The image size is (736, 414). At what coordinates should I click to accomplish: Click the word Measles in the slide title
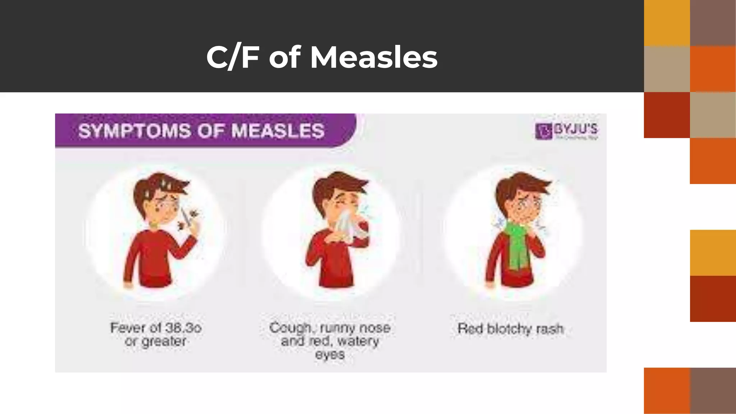point(374,57)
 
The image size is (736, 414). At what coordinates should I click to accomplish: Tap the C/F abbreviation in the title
point(233,57)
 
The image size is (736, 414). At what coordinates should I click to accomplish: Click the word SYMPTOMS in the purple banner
point(134,130)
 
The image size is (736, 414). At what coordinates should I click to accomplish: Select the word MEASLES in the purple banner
point(278,130)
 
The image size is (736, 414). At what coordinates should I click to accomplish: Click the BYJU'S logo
point(566,131)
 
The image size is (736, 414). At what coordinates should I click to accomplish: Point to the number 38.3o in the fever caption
point(183,328)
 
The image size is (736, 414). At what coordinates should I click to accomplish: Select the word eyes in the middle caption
point(330,355)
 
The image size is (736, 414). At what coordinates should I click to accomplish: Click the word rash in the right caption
point(550,328)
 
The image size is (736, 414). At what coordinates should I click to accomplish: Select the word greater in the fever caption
point(164,341)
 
